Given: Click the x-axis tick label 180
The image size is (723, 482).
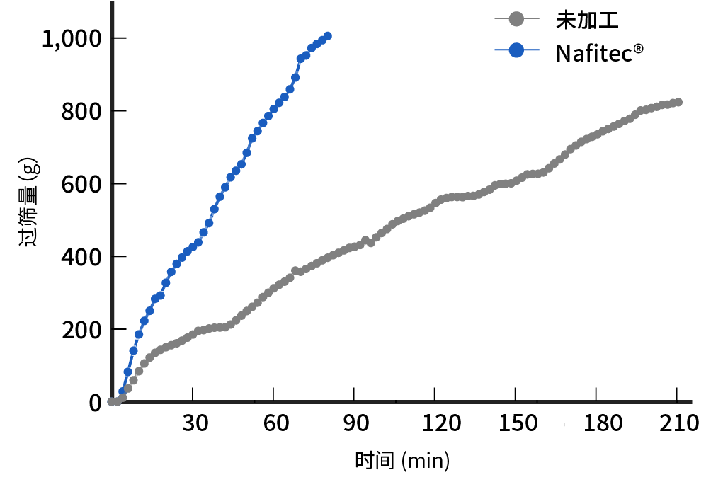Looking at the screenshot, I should [596, 424].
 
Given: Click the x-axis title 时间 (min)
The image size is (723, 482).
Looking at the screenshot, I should [402, 461].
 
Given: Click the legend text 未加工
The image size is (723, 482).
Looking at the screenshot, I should [588, 20].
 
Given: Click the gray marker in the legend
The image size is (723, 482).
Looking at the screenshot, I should [517, 20].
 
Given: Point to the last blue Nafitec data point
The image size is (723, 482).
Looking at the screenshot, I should [326, 36].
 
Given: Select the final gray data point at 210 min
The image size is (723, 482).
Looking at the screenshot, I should [678, 102].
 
